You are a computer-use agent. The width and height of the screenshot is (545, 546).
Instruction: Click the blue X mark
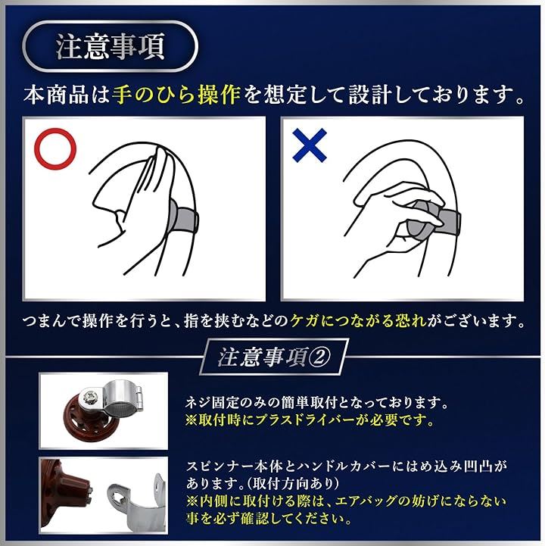[x=310, y=145]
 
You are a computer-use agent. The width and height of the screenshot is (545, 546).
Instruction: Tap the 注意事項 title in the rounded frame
[x=110, y=47]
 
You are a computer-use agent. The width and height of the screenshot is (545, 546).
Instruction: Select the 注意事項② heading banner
[x=274, y=357]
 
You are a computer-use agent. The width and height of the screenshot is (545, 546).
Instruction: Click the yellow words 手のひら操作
[x=176, y=95]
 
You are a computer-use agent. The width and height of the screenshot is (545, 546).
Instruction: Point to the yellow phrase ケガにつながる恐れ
[x=359, y=320]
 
